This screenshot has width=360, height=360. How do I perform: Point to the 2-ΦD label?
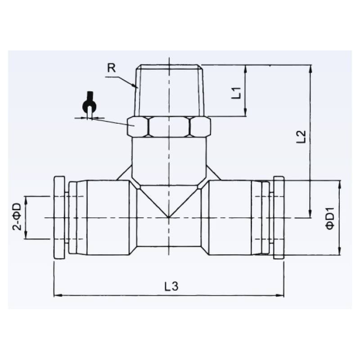(x=17, y=217)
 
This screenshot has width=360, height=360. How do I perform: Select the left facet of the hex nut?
(x=137, y=126)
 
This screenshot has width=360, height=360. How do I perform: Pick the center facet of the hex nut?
(x=169, y=126)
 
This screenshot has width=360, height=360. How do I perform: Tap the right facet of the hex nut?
(x=200, y=126)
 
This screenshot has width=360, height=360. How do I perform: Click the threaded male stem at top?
(x=169, y=90)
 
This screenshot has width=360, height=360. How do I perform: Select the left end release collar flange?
(x=59, y=218)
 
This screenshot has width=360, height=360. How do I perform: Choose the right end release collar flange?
(x=279, y=218)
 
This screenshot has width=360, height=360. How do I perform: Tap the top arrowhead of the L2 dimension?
(x=310, y=68)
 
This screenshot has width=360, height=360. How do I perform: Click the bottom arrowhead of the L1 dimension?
(x=245, y=113)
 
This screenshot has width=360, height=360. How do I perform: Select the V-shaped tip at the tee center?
(x=169, y=216)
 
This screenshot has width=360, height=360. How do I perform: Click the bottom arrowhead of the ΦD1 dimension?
(x=340, y=252)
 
